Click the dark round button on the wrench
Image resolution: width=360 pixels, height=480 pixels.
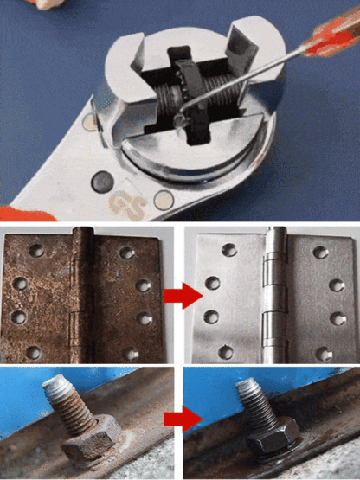[x=101, y=182]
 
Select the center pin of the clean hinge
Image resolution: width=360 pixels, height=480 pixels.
[x=275, y=294]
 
